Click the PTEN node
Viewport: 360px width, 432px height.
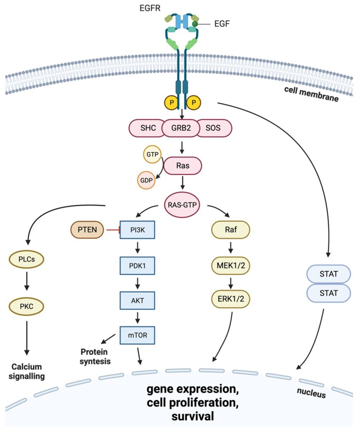(87, 231)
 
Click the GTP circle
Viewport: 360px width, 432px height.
(152, 155)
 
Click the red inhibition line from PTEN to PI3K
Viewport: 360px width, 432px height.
(112, 231)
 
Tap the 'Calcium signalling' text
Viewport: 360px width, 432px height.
(28, 371)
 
